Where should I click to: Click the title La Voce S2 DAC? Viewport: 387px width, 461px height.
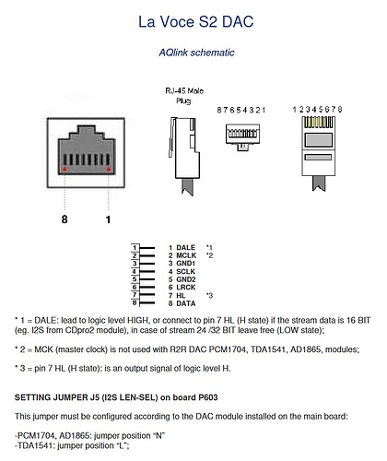pos(195,22)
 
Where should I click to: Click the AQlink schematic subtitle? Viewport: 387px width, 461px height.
pos(196,53)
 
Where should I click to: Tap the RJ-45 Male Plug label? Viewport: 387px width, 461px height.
pos(184,96)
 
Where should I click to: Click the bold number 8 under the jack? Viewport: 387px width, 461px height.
pos(64,219)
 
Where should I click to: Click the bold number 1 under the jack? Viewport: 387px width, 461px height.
pos(108,219)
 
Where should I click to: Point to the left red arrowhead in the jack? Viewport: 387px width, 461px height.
pos(64,169)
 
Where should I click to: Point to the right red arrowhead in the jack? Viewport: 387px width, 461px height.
pos(109,169)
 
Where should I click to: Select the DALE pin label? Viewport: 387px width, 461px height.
pos(186,247)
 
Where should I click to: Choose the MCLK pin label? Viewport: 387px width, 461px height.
pos(186,255)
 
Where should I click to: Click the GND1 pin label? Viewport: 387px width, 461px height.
pos(186,264)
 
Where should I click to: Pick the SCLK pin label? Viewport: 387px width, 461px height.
pos(186,271)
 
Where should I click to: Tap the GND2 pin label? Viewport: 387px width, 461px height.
pos(186,279)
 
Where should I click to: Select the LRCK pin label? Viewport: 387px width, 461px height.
pos(186,288)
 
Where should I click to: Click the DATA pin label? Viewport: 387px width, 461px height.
pos(186,303)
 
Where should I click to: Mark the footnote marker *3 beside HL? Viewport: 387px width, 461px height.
pos(209,296)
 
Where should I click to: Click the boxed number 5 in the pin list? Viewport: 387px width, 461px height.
pos(135,279)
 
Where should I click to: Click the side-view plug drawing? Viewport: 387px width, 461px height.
pos(183,156)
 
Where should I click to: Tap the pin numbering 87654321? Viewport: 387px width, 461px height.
pos(240,110)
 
